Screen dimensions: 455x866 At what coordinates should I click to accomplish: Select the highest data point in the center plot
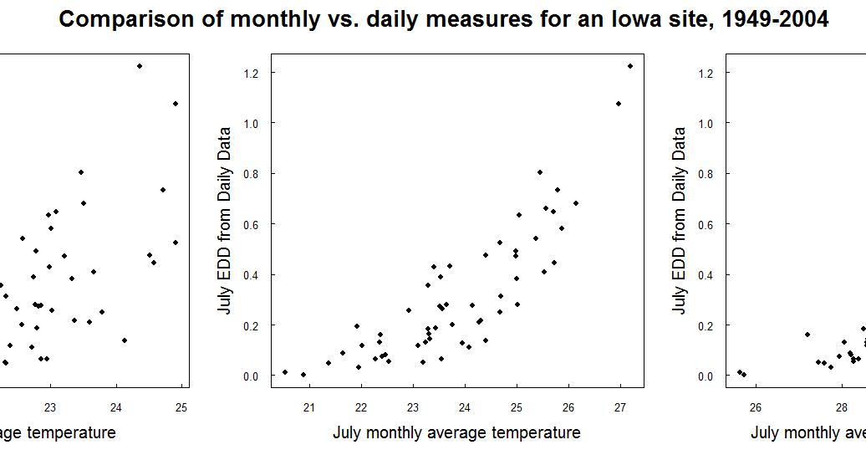(x=630, y=66)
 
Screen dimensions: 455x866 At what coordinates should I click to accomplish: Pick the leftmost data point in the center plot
(x=285, y=372)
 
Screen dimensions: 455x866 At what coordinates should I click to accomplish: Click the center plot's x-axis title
(x=456, y=433)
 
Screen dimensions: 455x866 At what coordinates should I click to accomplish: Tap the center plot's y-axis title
(x=224, y=221)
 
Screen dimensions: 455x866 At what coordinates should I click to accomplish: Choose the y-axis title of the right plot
(x=679, y=221)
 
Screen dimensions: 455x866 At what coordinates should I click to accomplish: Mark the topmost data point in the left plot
(x=140, y=66)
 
